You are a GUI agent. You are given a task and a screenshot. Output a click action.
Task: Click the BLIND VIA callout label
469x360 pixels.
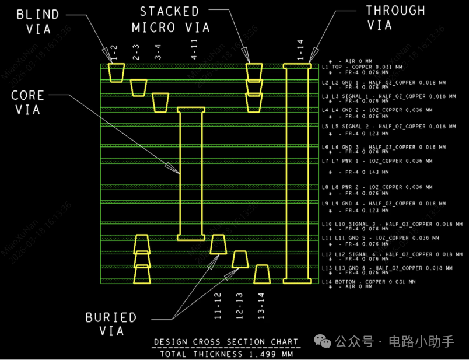[37, 22]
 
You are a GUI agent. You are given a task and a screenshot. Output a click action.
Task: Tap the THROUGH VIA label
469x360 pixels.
[395, 18]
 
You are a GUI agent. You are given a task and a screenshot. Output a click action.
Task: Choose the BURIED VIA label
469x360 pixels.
[111, 324]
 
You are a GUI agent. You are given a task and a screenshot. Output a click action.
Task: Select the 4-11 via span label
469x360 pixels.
[194, 50]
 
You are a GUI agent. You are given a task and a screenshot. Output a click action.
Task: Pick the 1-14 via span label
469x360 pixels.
[300, 50]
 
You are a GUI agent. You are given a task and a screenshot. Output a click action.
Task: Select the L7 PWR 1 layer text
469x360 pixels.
[377, 161]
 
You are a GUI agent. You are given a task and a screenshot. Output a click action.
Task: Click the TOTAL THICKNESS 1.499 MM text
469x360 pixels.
[226, 354]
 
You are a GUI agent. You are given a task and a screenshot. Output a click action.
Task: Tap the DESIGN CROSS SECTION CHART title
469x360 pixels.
[226, 342]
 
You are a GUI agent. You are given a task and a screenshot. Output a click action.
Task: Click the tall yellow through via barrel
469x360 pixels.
[297, 174]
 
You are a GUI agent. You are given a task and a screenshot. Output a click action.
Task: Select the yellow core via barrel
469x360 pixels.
[191, 174]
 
